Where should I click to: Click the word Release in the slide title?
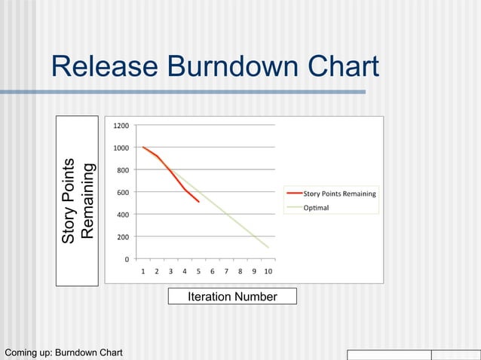pyautogui.click(x=105, y=67)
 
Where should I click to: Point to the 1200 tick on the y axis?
pyautogui.click(x=120, y=126)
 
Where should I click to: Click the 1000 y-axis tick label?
pyautogui.click(x=120, y=148)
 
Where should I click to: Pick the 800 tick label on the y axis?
pyautogui.click(x=122, y=170)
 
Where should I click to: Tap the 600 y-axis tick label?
pyautogui.click(x=122, y=193)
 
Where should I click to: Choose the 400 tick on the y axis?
pyautogui.click(x=122, y=215)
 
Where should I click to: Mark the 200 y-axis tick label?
pyautogui.click(x=122, y=237)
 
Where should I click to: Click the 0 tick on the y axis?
pyautogui.click(x=126, y=260)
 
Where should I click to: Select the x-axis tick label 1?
pyautogui.click(x=142, y=271)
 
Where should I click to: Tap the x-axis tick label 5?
pyautogui.click(x=198, y=271)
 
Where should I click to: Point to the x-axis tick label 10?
pyautogui.click(x=268, y=271)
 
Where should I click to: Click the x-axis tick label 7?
pyautogui.click(x=226, y=271)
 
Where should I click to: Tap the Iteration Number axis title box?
pyautogui.click(x=232, y=297)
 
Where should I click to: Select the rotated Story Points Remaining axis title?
pyautogui.click(x=78, y=201)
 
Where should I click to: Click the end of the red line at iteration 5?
pyautogui.click(x=199, y=202)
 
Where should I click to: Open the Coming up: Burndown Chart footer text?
pyautogui.click(x=63, y=353)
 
